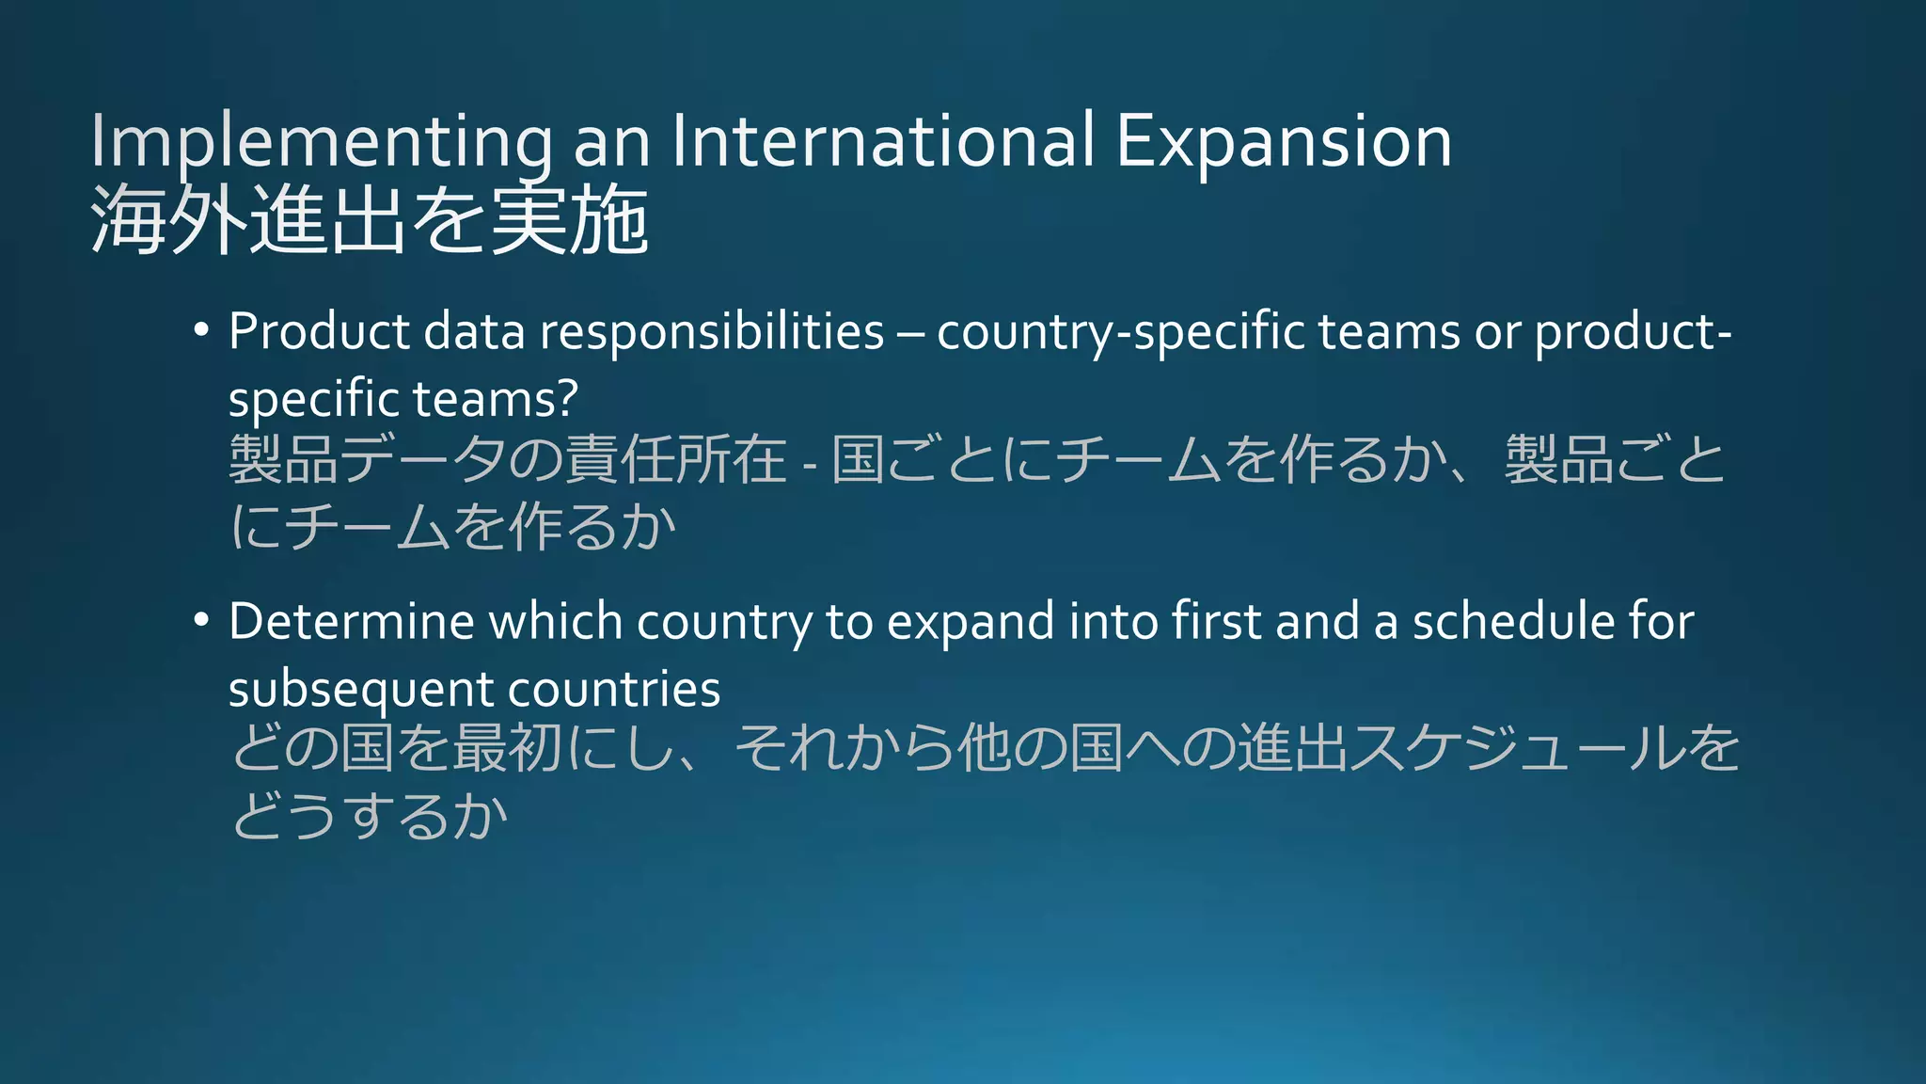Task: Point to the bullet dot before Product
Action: pyautogui.click(x=200, y=331)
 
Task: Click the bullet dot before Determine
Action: pyautogui.click(x=200, y=621)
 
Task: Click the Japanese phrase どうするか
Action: pyautogui.click(x=370, y=815)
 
